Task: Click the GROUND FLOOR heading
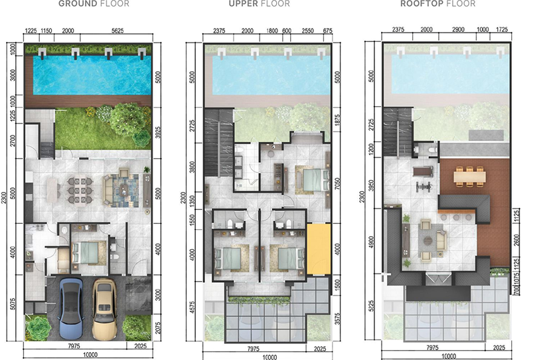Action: click(94, 4)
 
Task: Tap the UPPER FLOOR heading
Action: click(260, 4)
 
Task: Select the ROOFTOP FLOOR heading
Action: click(437, 4)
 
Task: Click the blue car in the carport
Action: click(70, 308)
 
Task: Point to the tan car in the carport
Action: click(104, 309)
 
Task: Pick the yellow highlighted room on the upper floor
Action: click(319, 250)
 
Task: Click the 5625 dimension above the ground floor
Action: click(117, 31)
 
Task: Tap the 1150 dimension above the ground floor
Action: click(46, 31)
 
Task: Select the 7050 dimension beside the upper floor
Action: click(337, 184)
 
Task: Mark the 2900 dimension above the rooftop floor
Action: click(458, 30)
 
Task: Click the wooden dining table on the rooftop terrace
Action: click(469, 177)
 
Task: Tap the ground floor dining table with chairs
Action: click(80, 190)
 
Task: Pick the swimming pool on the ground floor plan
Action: click(92, 75)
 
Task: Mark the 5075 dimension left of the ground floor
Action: click(13, 304)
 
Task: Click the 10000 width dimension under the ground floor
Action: click(90, 355)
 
